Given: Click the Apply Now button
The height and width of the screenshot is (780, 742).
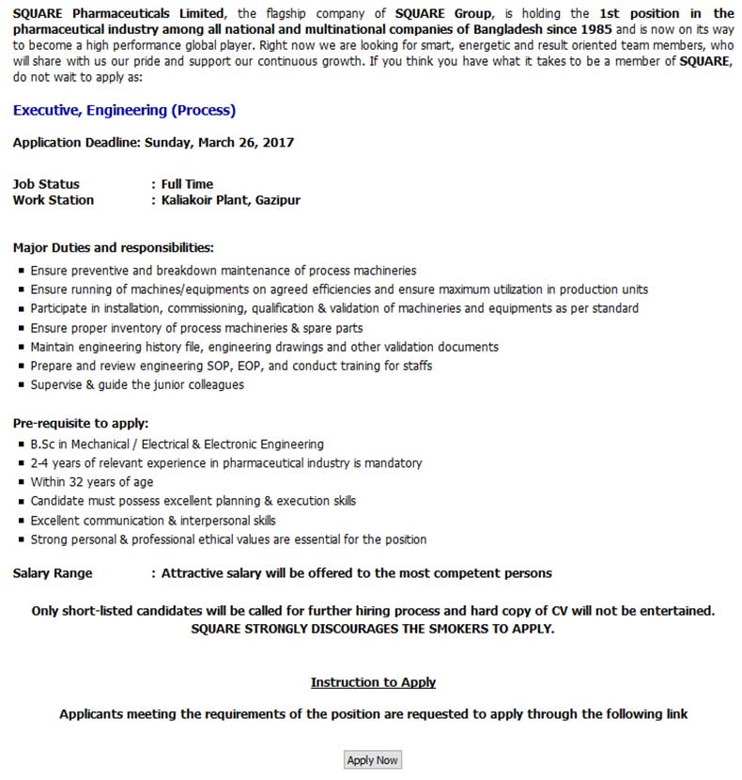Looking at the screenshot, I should click(x=373, y=760).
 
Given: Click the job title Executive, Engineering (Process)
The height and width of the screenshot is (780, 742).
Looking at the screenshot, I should click(x=124, y=111).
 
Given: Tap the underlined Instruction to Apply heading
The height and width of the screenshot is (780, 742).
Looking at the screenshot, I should click(x=373, y=682).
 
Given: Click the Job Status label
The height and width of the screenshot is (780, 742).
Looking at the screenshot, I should click(x=46, y=184).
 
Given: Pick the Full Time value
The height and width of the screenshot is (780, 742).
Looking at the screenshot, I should click(x=187, y=184).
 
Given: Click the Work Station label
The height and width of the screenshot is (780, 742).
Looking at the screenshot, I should click(x=54, y=200).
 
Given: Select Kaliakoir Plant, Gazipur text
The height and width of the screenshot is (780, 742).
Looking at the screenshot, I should click(x=231, y=200).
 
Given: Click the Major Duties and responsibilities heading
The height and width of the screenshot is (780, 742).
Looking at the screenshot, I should click(x=114, y=248).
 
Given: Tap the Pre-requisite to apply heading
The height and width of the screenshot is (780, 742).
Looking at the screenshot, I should click(x=81, y=423).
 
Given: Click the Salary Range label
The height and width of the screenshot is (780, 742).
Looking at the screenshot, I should click(x=53, y=573).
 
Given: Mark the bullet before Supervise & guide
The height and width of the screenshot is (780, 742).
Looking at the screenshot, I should click(x=21, y=385).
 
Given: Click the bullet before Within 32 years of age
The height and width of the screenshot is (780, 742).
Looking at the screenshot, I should click(x=21, y=482).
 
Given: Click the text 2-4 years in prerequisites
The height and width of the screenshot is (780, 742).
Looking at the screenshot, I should click(x=54, y=463).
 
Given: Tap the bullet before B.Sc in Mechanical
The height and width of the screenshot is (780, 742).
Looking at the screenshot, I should click(x=21, y=445).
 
